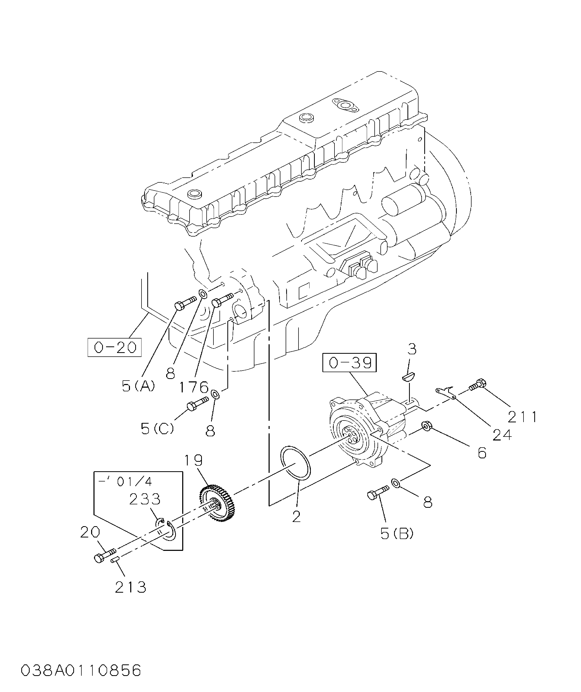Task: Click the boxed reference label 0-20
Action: coord(114,347)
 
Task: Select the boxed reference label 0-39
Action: coord(349,363)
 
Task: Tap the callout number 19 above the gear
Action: coord(193,460)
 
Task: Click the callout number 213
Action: coord(130,587)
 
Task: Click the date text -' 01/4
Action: coord(125,482)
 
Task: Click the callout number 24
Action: coord(502,435)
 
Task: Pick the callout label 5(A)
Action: coord(138,386)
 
